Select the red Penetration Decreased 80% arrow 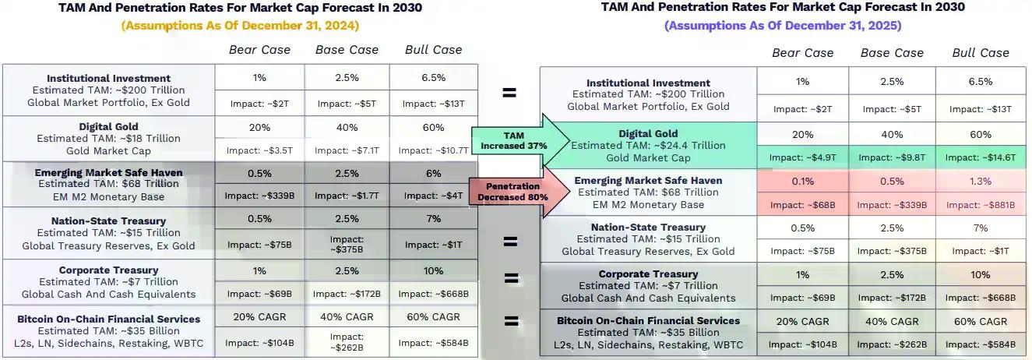514,192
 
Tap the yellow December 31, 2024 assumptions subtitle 240,25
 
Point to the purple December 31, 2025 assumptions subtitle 783,25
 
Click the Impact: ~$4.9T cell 801,157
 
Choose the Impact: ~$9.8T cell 891,157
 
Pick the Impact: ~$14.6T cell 981,157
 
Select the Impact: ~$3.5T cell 259,150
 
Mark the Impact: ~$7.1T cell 347,150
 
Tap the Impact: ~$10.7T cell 433,150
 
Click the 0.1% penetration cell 801,181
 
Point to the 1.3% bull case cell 981,181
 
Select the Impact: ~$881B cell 981,205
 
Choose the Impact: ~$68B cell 801,205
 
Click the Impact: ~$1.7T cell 347,196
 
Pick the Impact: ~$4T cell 433,196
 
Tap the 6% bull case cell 433,173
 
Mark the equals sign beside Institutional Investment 509,93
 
